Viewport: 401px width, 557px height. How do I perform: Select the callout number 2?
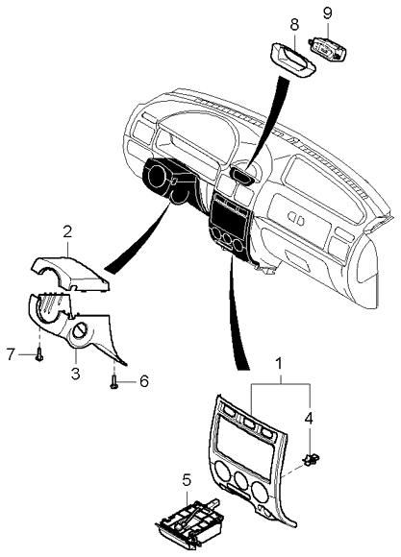[x=67, y=231]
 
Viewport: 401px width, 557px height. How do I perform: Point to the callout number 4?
[x=309, y=418]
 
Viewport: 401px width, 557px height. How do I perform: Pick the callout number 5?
[x=188, y=477]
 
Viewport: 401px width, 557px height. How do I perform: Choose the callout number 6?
[x=144, y=381]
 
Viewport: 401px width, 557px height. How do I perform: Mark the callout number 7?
[x=11, y=354]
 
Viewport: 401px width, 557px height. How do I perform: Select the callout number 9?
[x=326, y=12]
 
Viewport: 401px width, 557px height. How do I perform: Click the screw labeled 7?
[x=38, y=355]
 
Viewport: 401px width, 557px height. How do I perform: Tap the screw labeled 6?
[x=115, y=382]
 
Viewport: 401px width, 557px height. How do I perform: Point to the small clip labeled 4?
[x=311, y=460]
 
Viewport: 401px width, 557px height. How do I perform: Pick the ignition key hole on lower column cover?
[x=83, y=335]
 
